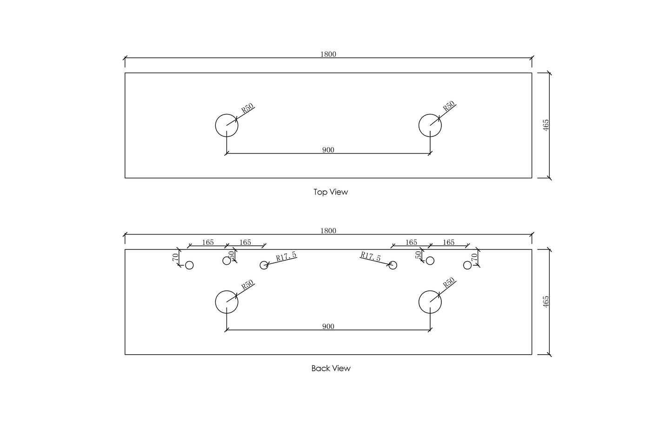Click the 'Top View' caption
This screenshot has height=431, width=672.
pos(331,192)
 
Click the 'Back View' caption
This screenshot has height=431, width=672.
pos(331,368)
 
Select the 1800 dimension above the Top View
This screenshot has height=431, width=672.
pos(328,54)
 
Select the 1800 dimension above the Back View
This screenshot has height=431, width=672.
pos(328,231)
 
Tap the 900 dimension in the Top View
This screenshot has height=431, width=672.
pos(328,149)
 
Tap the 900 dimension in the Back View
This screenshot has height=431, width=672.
pos(328,326)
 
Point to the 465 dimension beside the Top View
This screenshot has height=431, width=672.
pos(546,125)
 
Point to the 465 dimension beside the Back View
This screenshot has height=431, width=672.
pos(546,302)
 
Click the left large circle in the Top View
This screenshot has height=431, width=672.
pos(215,125)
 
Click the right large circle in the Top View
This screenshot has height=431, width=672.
pos(419,125)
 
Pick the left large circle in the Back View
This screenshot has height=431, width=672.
pos(215,302)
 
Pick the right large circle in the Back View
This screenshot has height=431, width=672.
pos(419,302)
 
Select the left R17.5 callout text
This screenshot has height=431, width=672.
pos(286,256)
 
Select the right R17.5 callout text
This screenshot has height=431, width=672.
pos(371,256)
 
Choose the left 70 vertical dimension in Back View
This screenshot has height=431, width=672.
pos(175,257)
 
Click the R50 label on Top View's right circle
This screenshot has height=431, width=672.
pos(449,106)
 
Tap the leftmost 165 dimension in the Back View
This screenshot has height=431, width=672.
pos(208,242)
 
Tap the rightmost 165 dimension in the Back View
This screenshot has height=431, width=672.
pos(448,242)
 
